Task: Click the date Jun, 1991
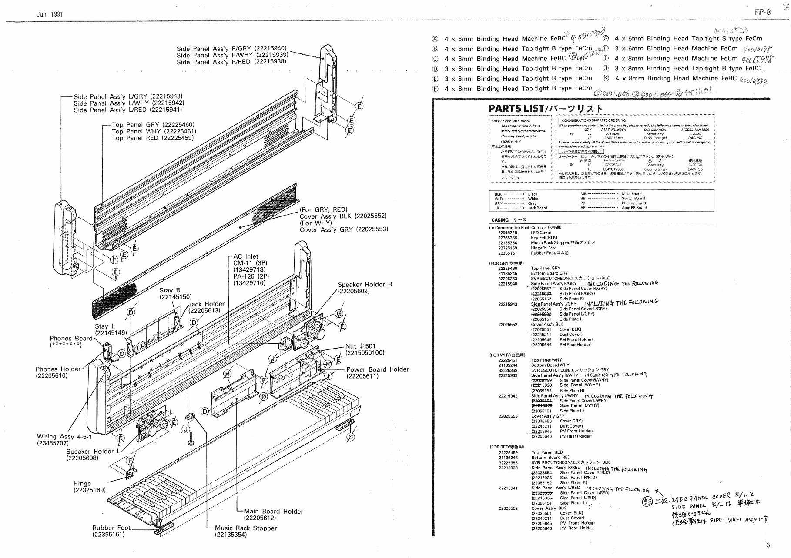pos(50,14)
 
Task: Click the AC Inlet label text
pos(245,256)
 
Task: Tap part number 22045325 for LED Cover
pos(507,232)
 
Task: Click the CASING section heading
pos(499,220)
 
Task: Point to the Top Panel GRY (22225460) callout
pos(153,125)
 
